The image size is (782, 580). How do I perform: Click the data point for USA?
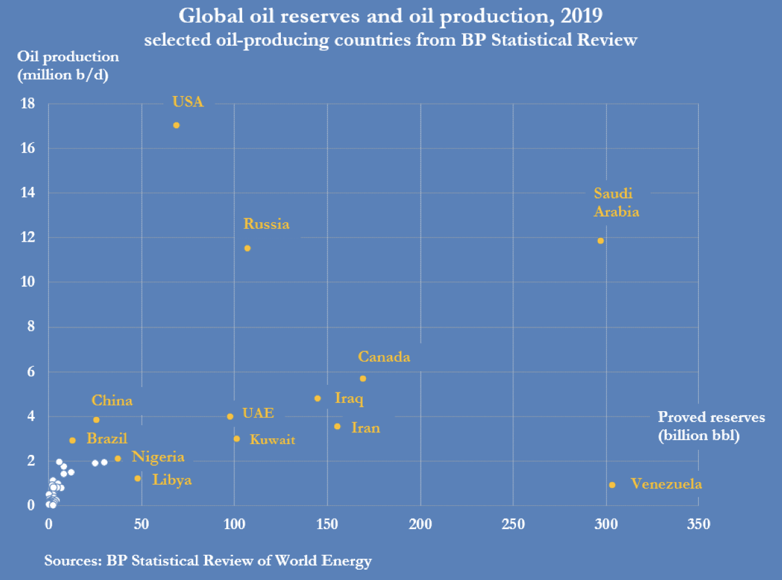176,125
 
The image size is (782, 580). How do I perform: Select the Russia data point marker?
247,248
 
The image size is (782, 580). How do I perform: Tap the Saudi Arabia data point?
601,241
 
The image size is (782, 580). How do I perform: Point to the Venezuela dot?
612,485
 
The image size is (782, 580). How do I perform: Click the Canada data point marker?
363,378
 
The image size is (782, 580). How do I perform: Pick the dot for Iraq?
318,398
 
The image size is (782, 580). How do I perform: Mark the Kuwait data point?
236,439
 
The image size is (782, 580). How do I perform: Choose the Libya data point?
138,478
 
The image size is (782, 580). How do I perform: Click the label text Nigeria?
158,458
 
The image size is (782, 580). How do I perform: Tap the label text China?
112,401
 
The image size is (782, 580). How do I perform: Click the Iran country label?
365,428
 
